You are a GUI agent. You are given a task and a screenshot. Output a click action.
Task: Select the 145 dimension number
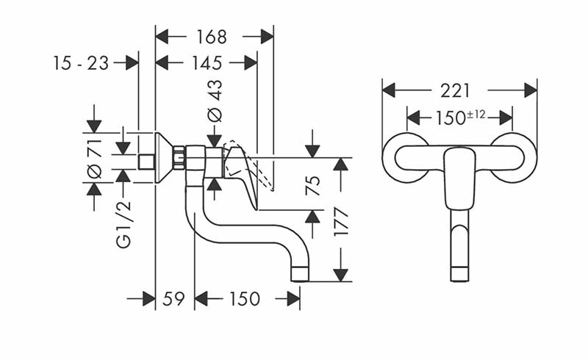(207, 63)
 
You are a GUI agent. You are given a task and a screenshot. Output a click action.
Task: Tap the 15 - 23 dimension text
(81, 63)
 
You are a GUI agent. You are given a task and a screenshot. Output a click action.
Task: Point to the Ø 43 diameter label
(215, 101)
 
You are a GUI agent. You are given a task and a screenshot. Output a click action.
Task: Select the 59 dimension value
(174, 299)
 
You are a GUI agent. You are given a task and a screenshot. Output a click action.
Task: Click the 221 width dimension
(456, 90)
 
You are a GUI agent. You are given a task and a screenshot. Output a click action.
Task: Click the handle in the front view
(459, 176)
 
